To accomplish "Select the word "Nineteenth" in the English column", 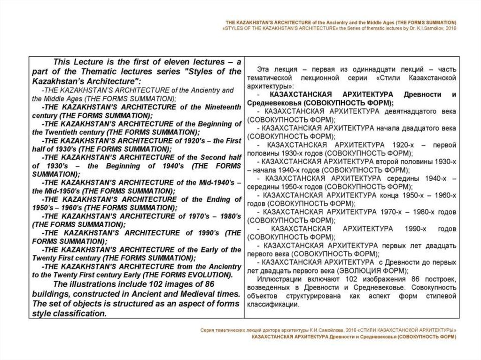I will coord(223,107).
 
